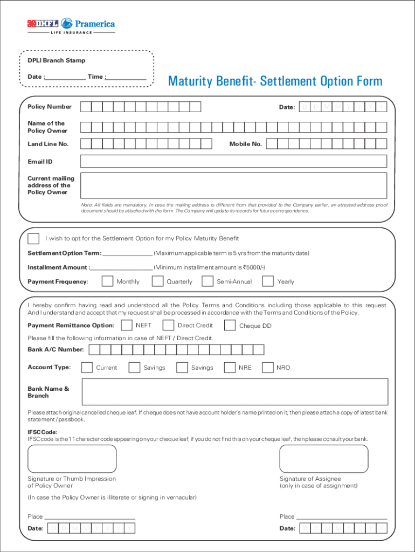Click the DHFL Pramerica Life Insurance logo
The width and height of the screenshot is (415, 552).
[x=71, y=25]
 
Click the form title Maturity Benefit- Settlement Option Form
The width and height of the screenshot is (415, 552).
[x=275, y=81]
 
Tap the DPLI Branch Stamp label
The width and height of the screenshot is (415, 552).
[x=57, y=60]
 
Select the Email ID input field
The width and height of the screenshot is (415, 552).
[x=233, y=162]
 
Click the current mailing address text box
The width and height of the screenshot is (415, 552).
[x=233, y=185]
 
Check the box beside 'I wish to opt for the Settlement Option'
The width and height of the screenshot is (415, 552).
[x=33, y=238]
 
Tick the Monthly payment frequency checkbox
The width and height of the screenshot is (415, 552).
[x=107, y=281]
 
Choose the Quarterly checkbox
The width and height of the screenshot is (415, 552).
[x=157, y=281]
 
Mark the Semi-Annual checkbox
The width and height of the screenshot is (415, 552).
[x=207, y=281]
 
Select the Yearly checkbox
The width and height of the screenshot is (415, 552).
[x=268, y=281]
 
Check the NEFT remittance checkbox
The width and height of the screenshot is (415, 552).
[x=127, y=326]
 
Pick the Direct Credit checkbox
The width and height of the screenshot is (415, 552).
[x=168, y=326]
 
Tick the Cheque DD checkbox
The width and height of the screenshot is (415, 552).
[x=230, y=326]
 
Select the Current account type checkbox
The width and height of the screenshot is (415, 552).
[x=87, y=368]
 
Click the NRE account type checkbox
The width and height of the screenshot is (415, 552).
[x=230, y=368]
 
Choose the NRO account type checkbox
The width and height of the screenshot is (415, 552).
[x=268, y=368]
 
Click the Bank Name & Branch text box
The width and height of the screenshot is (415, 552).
[x=234, y=391]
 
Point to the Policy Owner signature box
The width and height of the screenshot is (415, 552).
[x=72, y=459]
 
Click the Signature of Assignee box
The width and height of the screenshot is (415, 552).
[x=323, y=459]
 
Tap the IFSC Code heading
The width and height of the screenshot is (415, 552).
[x=43, y=432]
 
